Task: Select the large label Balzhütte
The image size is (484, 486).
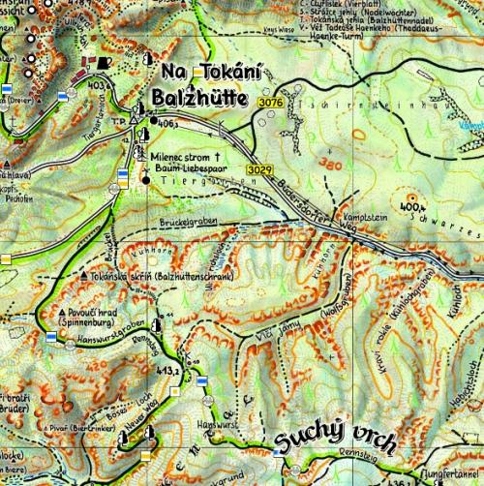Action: click(x=202, y=101)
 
